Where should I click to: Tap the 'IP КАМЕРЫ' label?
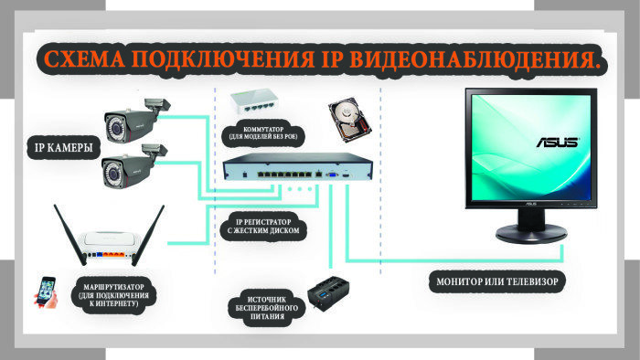click(62, 147)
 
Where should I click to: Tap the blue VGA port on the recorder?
click(333, 174)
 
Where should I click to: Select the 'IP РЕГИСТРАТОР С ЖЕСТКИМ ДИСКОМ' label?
click(265, 228)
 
